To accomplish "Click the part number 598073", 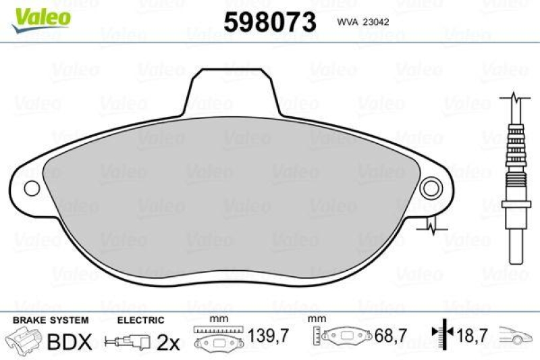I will click(270, 22).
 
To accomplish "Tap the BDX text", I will click(70, 342).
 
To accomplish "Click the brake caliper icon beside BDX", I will click(24, 341).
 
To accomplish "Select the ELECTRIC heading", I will click(140, 320).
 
